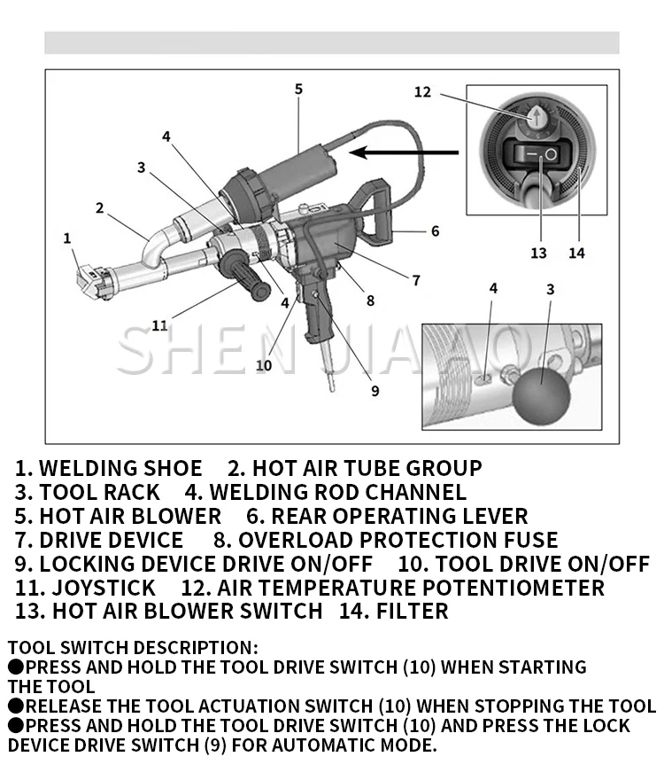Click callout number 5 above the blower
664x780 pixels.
click(298, 89)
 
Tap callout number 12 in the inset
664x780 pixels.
click(422, 91)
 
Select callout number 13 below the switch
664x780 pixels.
click(538, 253)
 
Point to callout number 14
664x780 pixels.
click(576, 253)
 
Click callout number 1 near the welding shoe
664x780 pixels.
click(66, 238)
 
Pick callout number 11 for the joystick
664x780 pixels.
click(159, 325)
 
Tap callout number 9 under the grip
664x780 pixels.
click(374, 390)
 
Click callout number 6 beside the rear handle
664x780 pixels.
click(435, 231)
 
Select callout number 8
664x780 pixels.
click(370, 300)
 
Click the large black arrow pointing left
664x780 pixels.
click(403, 152)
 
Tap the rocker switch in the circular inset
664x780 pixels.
click(536, 155)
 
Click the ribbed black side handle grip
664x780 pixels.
click(243, 276)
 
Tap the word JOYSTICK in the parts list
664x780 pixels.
click(104, 588)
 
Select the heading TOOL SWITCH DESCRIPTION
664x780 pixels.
click(134, 648)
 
